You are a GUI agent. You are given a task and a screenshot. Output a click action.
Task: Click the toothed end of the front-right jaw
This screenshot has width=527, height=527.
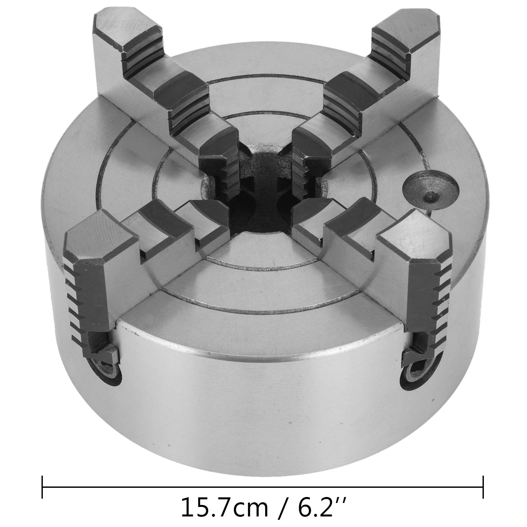click(x=428, y=296)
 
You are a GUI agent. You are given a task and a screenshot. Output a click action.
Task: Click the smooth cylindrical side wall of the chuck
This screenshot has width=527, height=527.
click(x=263, y=395)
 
